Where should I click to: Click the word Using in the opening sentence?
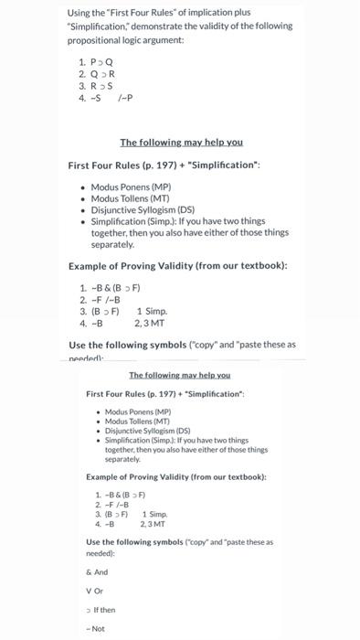pyautogui.click(x=79, y=12)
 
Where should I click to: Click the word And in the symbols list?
pyautogui.click(x=101, y=571)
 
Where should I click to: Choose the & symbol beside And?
pyautogui.click(x=88, y=571)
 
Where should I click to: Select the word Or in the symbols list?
pyautogui.click(x=98, y=590)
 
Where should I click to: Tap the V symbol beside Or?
pyautogui.click(x=88, y=590)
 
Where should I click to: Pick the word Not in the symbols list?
pyautogui.click(x=100, y=628)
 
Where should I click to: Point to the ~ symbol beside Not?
pyautogui.click(x=88, y=628)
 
